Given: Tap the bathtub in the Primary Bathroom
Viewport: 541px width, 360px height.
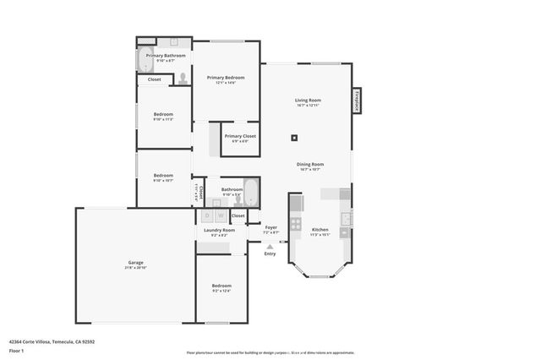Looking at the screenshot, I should [x=143, y=58].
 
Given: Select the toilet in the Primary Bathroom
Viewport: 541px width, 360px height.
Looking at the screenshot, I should [x=183, y=78].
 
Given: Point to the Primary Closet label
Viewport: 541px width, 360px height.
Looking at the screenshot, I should [x=240, y=136].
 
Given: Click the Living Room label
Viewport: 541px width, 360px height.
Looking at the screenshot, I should [x=309, y=99].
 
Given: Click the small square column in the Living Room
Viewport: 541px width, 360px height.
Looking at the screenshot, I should [x=294, y=138].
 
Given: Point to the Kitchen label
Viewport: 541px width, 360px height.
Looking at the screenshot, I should [x=320, y=230].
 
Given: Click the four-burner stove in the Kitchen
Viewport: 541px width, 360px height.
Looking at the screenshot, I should [x=295, y=224].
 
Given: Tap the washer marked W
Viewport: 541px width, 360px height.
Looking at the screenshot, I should [x=221, y=215].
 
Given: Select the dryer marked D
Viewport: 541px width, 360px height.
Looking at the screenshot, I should [x=208, y=215].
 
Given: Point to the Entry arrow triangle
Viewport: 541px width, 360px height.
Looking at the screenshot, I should [x=270, y=247].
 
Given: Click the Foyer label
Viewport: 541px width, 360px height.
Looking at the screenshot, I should [x=270, y=227].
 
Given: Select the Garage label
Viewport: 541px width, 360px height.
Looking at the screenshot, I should [x=135, y=263].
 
